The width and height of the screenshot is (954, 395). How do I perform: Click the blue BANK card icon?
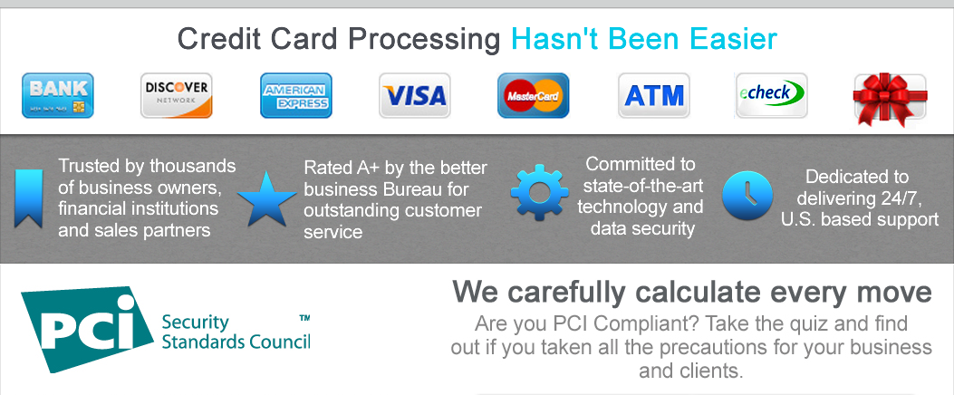(58, 95)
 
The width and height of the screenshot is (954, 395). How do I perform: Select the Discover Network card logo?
(177, 95)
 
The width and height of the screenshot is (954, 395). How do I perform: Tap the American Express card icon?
(295, 95)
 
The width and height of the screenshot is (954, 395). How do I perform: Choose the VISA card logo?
(414, 95)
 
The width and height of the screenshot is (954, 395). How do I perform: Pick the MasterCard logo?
(533, 95)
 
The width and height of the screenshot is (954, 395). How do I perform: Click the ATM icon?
(654, 95)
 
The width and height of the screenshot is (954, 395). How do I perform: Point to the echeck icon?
(772, 95)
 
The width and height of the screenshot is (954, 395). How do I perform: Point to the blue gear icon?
(539, 192)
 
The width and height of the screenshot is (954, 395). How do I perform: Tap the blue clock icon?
(747, 196)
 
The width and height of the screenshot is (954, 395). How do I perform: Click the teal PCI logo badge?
(86, 329)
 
